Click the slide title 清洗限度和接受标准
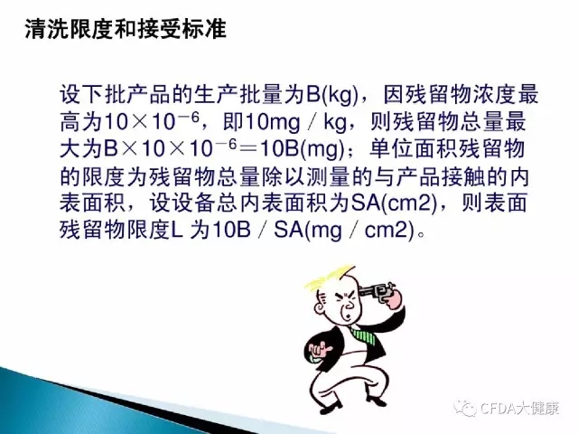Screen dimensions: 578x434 [x=126, y=29]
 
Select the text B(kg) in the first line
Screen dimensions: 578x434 [x=331, y=95]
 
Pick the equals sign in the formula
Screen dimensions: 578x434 [x=248, y=149]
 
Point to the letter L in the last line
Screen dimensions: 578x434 [x=177, y=231]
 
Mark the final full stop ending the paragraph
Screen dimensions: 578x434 [x=422, y=235]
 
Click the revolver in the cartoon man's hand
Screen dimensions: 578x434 [x=377, y=289]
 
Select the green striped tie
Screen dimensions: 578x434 [x=363, y=334]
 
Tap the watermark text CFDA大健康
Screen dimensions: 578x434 [x=520, y=408]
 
